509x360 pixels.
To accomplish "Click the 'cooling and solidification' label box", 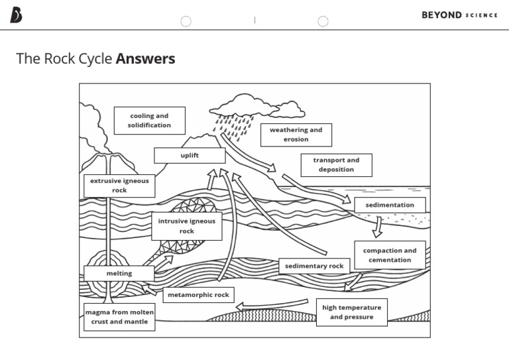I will pos(149,121).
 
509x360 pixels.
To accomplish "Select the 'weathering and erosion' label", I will pos(296,135).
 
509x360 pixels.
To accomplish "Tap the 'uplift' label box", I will pos(190,155).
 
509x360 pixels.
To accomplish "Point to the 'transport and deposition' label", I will pos(336,165).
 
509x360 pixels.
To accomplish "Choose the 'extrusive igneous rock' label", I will pos(119,186).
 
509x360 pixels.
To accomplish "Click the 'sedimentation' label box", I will pos(390,205).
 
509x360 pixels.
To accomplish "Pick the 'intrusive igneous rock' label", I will pos(186,226).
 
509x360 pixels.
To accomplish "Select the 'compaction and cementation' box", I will pos(390,255).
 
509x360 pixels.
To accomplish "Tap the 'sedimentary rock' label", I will pos(314,266).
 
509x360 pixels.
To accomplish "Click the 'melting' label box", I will pos(119,273).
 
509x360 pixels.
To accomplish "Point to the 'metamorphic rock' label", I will pos(198,295).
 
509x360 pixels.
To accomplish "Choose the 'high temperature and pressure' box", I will pos(351,312).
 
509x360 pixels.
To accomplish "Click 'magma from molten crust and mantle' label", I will pos(119,317).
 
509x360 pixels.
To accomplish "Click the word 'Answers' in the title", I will pos(145,58).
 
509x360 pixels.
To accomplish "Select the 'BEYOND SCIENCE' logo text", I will pos(459,15).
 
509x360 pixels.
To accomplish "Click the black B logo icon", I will pos(16,15).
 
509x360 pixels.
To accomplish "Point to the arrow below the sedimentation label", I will pos(378,227).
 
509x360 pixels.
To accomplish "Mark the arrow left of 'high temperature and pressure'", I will pos(272,305).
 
